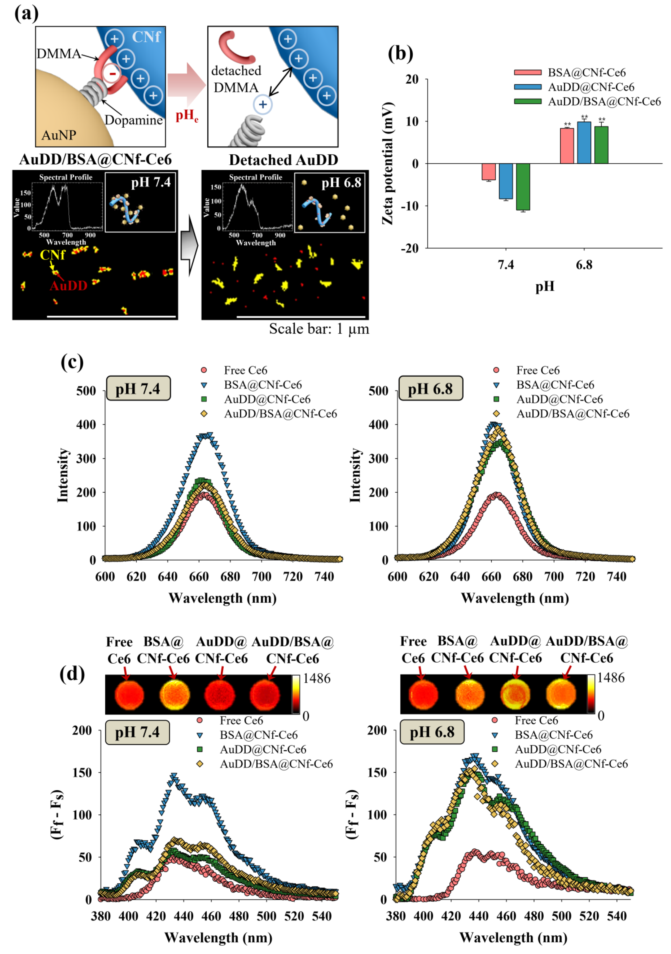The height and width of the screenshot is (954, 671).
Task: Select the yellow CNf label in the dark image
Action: pos(52,255)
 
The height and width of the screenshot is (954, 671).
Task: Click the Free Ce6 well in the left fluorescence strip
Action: pos(129,695)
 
